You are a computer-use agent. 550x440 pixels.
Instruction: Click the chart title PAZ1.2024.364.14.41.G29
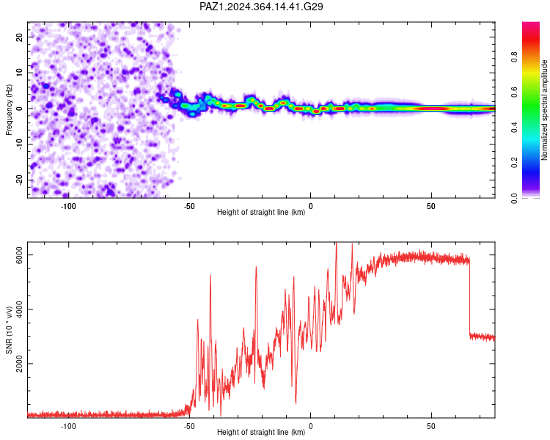coord(261,7)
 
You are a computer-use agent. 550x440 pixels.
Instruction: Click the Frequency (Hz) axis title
coord(9,110)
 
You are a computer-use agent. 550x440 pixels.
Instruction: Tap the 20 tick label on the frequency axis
coord(19,37)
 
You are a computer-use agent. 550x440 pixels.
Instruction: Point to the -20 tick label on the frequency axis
coord(19,180)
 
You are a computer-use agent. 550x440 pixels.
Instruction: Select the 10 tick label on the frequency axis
coord(19,73)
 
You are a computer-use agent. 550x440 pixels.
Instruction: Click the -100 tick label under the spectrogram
coord(68,206)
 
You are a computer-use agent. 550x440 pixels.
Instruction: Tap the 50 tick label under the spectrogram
coord(431,206)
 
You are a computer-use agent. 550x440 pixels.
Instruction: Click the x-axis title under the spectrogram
coord(261,212)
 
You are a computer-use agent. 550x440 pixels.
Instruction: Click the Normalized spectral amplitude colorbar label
coord(544,110)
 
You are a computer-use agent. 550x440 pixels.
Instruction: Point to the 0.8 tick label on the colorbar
coord(514,56)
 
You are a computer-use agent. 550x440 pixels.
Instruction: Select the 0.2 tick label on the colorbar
coord(514,163)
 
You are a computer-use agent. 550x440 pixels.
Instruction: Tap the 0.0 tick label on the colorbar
coord(514,198)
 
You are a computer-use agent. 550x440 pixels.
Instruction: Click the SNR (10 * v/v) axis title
coord(9,330)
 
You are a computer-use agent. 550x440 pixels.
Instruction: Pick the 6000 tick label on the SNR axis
coord(19,255)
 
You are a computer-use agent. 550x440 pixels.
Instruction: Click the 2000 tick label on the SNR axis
coord(19,364)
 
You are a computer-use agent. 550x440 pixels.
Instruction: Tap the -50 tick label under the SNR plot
coord(189,426)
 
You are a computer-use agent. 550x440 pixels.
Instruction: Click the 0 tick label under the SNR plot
coord(310,426)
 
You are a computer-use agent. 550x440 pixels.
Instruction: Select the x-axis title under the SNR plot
coord(261,432)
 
